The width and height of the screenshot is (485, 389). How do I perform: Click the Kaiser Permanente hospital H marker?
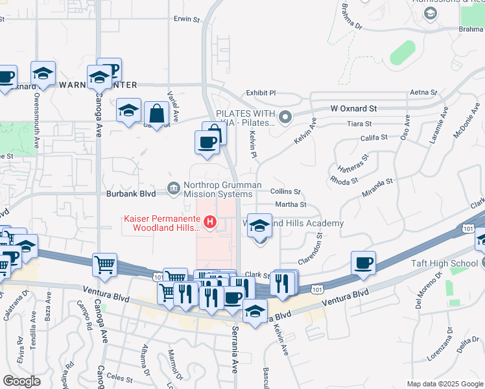pos(209,223)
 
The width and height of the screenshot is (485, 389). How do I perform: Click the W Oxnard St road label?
pos(353,109)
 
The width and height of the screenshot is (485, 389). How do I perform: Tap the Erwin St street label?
pos(187,19)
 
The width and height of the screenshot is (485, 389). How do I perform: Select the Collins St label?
pos(285,192)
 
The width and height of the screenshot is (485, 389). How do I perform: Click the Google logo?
pos(21,381)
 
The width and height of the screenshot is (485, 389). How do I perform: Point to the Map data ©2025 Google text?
pos(444,384)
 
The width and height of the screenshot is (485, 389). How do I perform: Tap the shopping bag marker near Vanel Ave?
pos(156,114)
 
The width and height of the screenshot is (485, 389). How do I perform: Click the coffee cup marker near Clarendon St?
pos(364,263)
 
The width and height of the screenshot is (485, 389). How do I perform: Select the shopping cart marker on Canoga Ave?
pos(104,265)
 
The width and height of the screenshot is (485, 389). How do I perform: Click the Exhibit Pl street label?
pos(261,93)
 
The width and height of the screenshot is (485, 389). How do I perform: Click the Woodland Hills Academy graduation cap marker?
pos(260,226)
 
